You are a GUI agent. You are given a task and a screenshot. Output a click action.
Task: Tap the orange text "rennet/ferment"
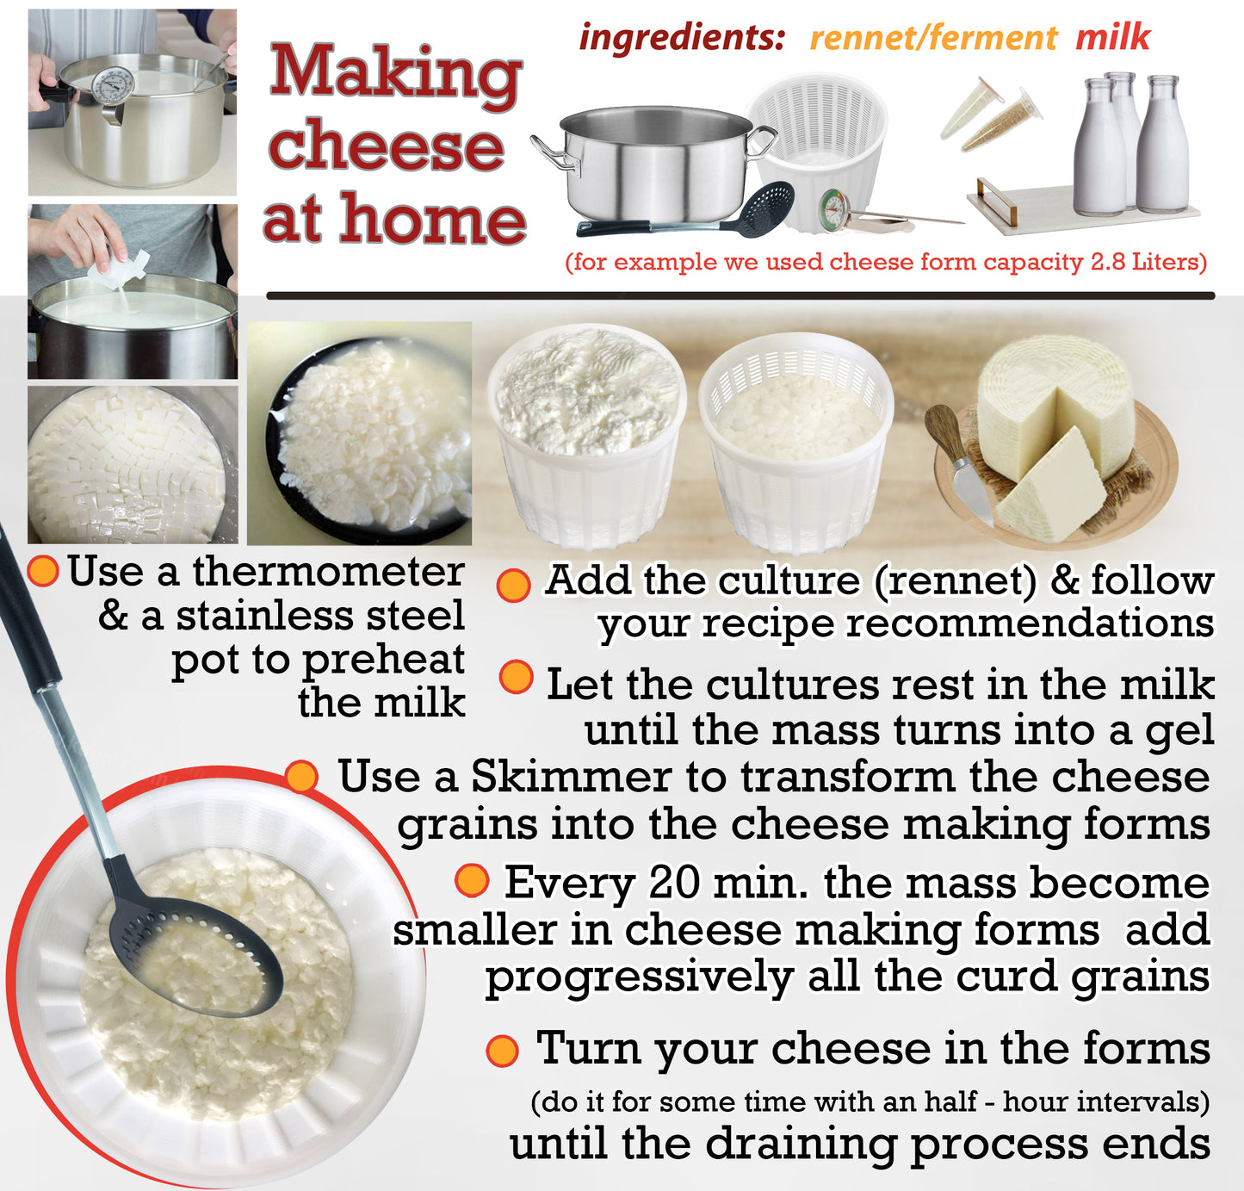pyautogui.click(x=934, y=38)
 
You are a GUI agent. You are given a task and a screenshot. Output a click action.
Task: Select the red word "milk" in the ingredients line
pyautogui.click(x=1113, y=36)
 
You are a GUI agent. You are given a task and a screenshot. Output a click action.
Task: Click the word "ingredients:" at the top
pyautogui.click(x=682, y=38)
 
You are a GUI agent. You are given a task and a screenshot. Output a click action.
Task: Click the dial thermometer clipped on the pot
pyautogui.click(x=112, y=90)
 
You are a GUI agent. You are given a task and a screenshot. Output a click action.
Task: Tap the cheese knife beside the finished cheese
pyautogui.click(x=958, y=461)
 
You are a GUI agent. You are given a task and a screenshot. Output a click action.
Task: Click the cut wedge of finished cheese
pyautogui.click(x=1048, y=484)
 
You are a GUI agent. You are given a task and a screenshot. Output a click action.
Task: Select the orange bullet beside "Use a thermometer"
pyautogui.click(x=43, y=570)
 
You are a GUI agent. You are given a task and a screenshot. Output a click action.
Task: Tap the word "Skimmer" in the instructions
pyautogui.click(x=571, y=777)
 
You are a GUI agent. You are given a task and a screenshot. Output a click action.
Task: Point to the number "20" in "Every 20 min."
pyautogui.click(x=672, y=883)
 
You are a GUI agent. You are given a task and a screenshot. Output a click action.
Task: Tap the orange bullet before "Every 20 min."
pyautogui.click(x=472, y=881)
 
